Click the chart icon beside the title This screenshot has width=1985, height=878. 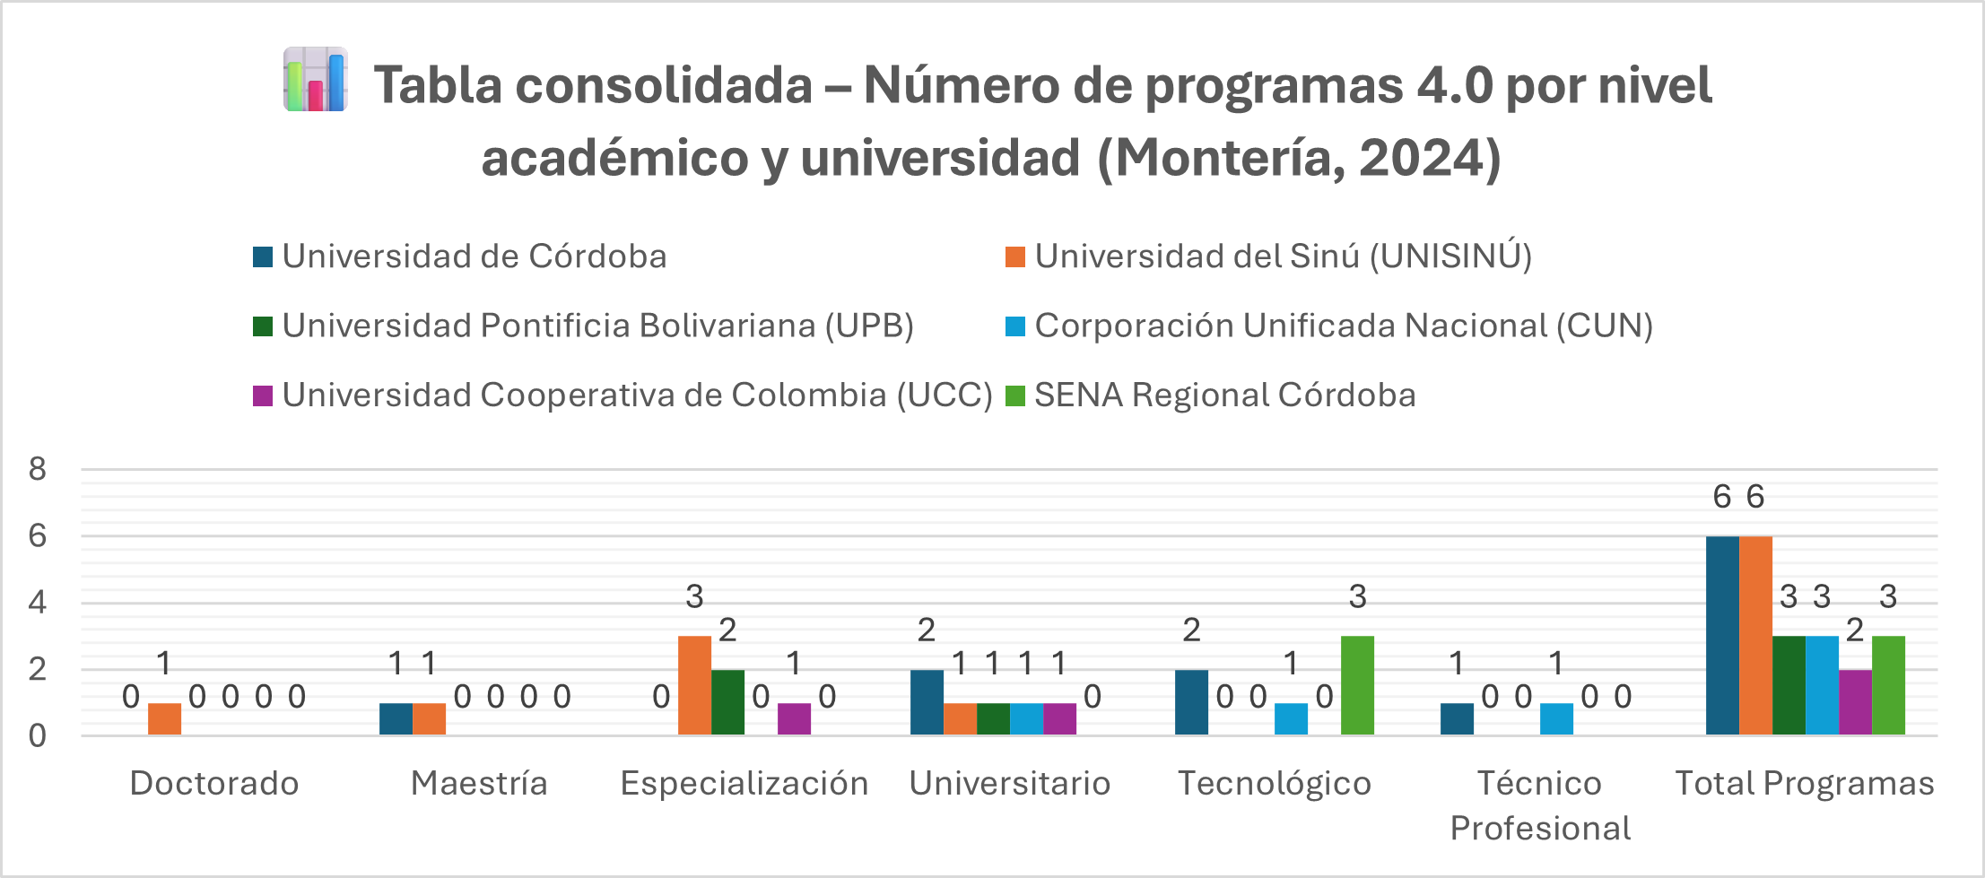click(315, 80)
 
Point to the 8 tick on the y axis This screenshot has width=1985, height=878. click(37, 469)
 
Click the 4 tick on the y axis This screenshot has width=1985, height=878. click(37, 602)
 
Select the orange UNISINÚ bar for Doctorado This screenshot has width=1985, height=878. click(164, 719)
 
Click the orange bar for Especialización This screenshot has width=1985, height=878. click(694, 686)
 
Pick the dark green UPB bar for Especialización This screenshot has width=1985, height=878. click(727, 702)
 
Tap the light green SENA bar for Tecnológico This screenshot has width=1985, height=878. click(1357, 686)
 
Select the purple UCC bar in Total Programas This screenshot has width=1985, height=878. click(1855, 702)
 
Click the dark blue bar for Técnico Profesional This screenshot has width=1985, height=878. click(1457, 719)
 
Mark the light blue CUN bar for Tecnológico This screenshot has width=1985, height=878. click(1291, 719)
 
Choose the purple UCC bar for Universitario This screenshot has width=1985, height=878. click(1059, 719)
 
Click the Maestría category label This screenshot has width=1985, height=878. click(479, 784)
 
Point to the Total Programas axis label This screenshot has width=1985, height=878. click(1805, 784)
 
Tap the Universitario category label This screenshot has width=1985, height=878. click(1010, 784)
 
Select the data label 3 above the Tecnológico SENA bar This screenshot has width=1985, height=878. click(1358, 596)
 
